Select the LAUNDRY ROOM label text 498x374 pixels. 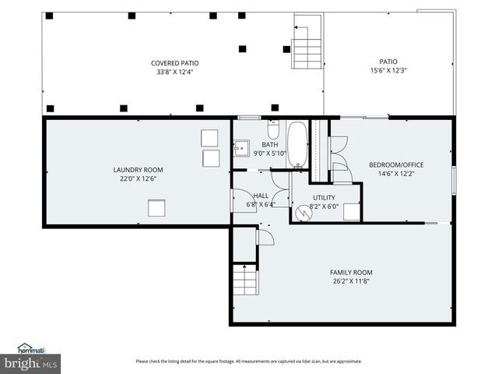138,169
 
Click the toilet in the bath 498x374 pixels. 273,129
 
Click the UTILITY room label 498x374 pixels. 324,197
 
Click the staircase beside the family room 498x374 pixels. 245,280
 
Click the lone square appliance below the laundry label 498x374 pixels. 157,207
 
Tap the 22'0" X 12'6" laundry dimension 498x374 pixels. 138,178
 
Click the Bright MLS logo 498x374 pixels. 31,364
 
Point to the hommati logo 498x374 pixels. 31,349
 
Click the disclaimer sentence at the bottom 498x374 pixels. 248,362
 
